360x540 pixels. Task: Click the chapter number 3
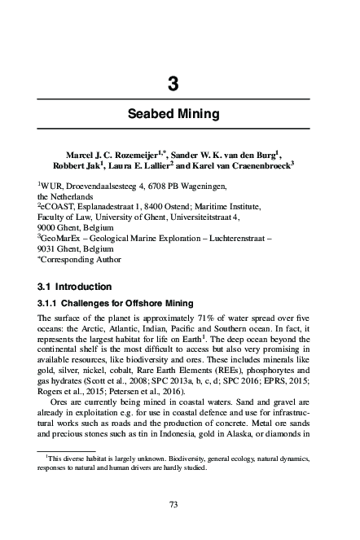(x=173, y=83)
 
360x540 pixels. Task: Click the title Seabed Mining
(x=173, y=114)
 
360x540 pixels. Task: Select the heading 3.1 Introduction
(x=80, y=286)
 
